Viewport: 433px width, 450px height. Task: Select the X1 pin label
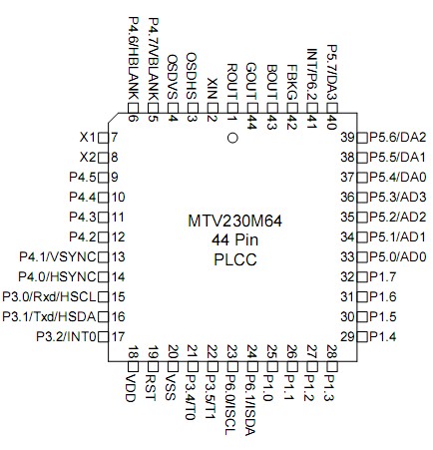coord(87,137)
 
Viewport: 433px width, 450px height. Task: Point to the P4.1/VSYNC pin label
coord(58,256)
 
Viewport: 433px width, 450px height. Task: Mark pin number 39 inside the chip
coord(348,137)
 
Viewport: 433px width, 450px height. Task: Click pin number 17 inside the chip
coord(117,336)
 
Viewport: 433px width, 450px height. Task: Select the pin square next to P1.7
coord(362,276)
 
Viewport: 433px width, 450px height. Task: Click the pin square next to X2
coord(102,157)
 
